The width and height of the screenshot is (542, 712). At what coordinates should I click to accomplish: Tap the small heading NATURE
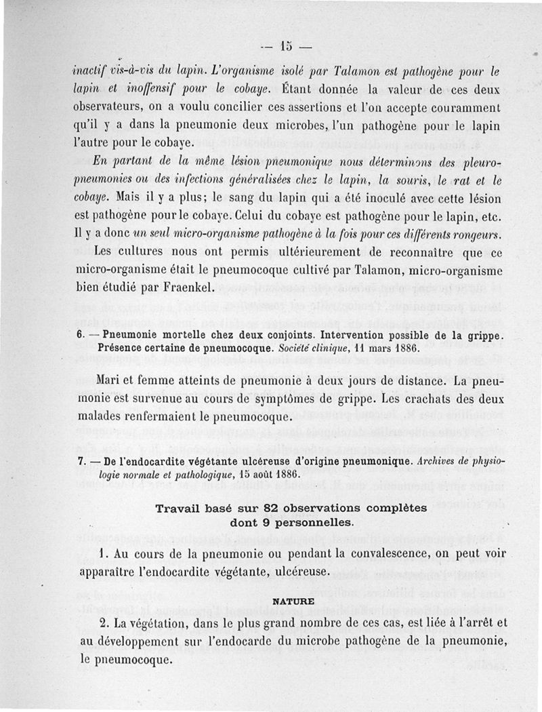click(293, 601)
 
